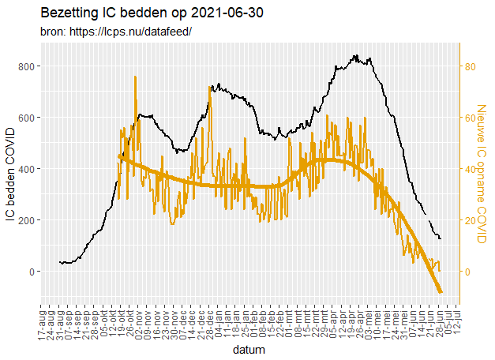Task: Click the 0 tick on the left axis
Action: click(x=30, y=272)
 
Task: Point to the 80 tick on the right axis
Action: click(x=468, y=66)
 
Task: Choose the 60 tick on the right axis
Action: click(x=468, y=118)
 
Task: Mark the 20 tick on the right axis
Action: click(x=468, y=220)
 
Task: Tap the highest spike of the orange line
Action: click(x=135, y=77)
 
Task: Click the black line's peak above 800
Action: click(x=355, y=55)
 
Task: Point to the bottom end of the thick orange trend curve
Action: click(x=441, y=292)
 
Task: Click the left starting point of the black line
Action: click(x=60, y=261)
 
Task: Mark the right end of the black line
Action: click(x=441, y=238)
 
